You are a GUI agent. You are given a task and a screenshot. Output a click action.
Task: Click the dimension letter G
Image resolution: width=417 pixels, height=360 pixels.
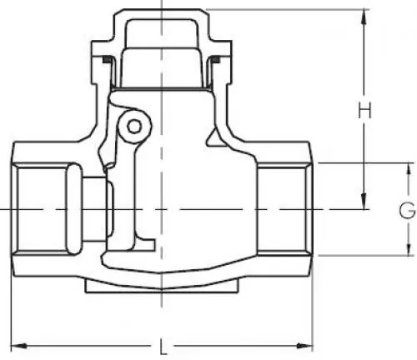(x=406, y=208)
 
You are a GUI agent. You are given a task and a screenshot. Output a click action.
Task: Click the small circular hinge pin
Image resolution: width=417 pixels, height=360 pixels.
(x=132, y=126)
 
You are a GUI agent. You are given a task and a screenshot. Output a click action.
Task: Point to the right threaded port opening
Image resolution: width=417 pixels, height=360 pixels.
(x=284, y=207)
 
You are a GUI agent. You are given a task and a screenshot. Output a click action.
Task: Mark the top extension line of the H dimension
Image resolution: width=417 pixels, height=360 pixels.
(x=284, y=9)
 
